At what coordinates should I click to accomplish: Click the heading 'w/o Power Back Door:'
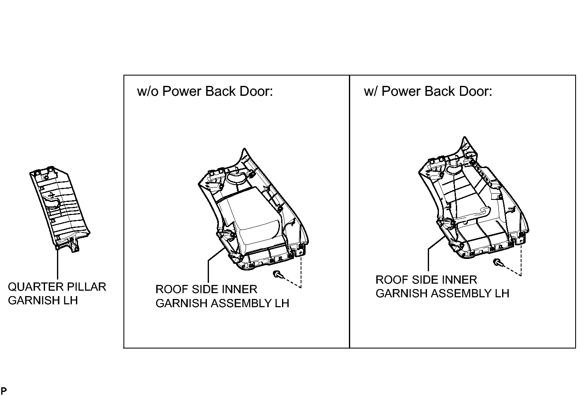[205, 92]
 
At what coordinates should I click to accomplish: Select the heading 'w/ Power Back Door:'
[428, 92]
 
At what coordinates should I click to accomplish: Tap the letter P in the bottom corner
[4, 390]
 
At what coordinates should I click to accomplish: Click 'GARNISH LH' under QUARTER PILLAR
[43, 301]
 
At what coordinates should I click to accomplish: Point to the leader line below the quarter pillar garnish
[57, 264]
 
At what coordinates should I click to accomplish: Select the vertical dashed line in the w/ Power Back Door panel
[521, 260]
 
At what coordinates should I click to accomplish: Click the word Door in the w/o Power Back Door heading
[256, 92]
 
